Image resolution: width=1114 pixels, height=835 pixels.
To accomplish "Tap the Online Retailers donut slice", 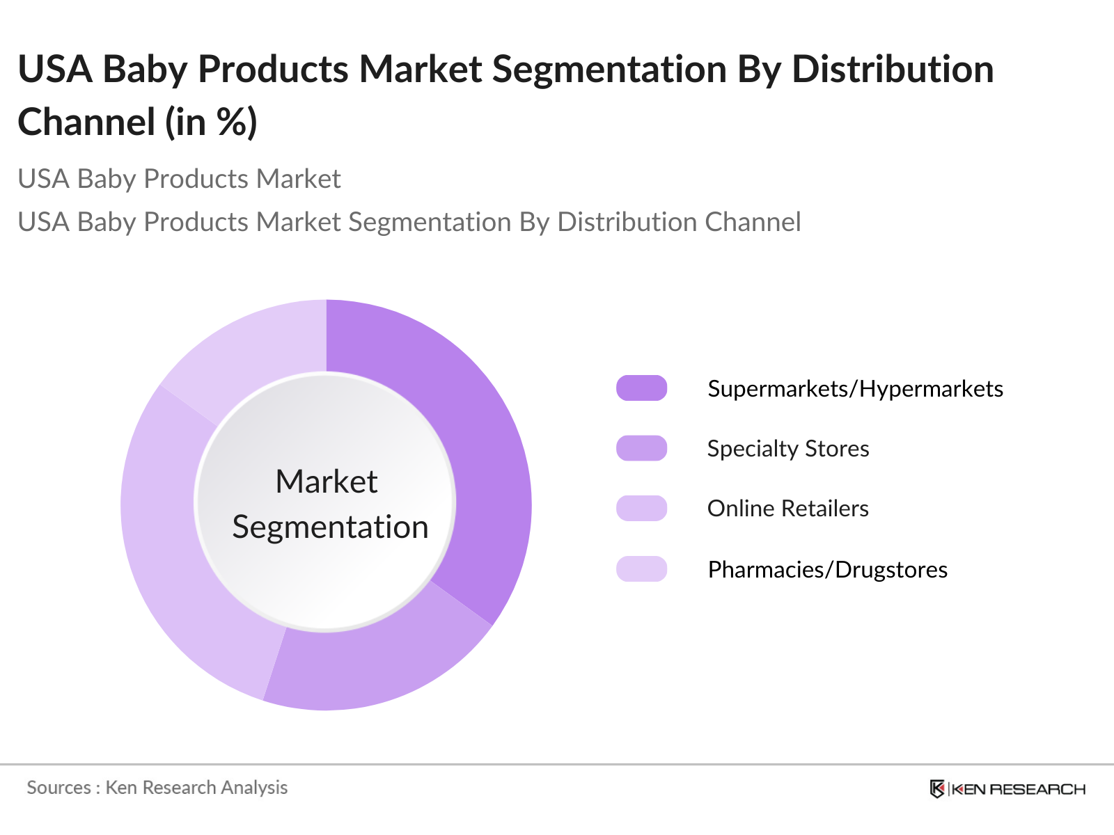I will (x=174, y=557).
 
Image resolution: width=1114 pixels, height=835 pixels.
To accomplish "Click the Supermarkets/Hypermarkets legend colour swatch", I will (x=641, y=388).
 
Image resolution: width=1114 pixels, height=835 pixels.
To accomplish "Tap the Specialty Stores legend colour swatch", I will (x=641, y=448).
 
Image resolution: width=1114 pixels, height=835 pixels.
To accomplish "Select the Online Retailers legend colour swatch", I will (x=641, y=508).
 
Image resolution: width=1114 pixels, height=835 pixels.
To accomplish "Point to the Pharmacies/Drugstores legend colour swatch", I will (x=641, y=569).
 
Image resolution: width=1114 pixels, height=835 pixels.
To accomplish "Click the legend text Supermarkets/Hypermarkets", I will (x=855, y=388).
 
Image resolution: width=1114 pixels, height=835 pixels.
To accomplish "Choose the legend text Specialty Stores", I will (x=788, y=448).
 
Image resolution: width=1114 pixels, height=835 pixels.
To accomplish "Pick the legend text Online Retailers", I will (x=788, y=508).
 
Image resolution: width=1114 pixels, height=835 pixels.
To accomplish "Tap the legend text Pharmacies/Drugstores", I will (x=827, y=569).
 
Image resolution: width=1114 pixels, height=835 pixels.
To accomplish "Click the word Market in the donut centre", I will (x=326, y=482).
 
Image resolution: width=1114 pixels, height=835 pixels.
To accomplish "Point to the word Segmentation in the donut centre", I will (x=330, y=527).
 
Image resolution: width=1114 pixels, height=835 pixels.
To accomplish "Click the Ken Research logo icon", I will (x=937, y=788).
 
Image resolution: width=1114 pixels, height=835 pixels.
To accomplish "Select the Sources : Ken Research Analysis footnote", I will (x=157, y=788).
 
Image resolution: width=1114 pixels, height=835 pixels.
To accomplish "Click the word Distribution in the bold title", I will (x=893, y=70).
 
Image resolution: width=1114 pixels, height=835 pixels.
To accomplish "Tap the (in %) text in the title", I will (x=211, y=122).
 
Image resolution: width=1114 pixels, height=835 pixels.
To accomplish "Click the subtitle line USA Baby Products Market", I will (x=179, y=179).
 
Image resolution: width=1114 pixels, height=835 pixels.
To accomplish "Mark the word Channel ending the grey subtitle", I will (x=753, y=222).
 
